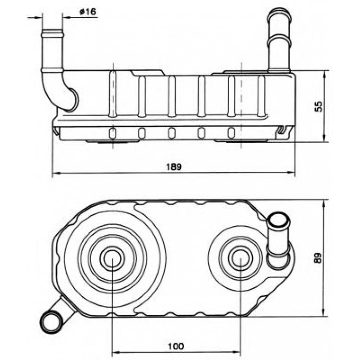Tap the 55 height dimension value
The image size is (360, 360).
[x=318, y=106]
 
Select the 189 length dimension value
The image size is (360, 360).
[x=174, y=166]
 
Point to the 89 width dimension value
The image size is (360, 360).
[x=318, y=258]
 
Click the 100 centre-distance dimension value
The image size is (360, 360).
[x=176, y=346]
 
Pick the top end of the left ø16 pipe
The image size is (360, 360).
[x=52, y=32]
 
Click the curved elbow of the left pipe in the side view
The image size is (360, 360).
[x=67, y=96]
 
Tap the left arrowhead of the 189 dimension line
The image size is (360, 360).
[x=55, y=174]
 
